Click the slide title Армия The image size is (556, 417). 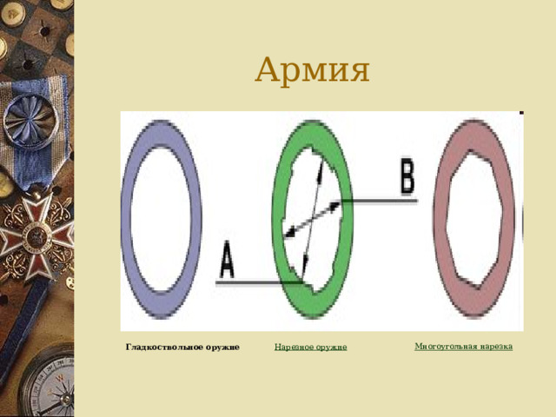pos(313,69)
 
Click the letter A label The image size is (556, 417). pos(227,259)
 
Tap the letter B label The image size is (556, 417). pos(407,176)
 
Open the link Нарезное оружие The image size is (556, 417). pos(311,347)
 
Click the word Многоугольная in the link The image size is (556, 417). pos(446,346)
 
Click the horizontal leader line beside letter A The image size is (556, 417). pos(259,282)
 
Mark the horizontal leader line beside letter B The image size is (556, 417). pos(380,201)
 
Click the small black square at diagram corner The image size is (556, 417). pos(521,113)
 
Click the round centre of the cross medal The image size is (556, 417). pos(35,235)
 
